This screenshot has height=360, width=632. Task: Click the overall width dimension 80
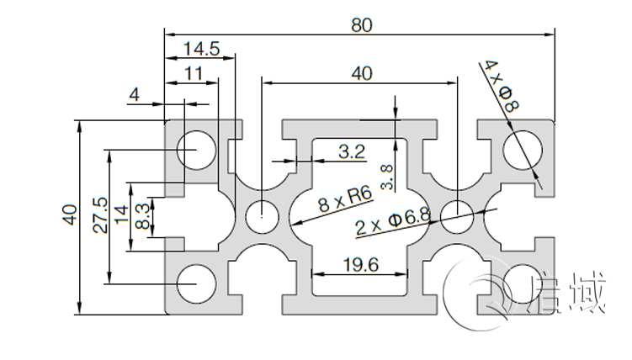pos(361,25)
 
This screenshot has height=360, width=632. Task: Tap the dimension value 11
pos(194,73)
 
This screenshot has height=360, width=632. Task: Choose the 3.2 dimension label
pos(351,152)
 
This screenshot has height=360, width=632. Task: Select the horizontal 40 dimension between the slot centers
pos(361,74)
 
